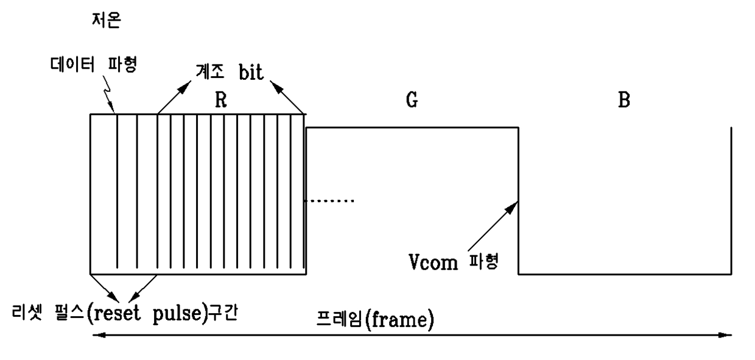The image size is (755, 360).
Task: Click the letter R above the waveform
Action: point(221,100)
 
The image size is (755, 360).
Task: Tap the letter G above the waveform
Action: point(412,100)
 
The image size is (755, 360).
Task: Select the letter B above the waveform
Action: point(624,100)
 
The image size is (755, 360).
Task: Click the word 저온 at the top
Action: point(106,20)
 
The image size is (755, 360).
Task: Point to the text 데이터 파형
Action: point(94,64)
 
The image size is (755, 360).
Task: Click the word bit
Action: point(251,72)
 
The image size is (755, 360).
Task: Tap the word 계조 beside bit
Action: point(209,71)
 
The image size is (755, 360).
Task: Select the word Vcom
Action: point(433,263)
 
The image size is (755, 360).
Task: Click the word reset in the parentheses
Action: point(118,314)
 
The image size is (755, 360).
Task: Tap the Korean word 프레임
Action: point(339,319)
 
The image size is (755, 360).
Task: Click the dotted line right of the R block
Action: point(329,201)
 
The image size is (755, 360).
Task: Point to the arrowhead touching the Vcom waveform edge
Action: point(511,207)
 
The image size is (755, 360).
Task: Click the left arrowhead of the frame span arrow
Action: point(99,335)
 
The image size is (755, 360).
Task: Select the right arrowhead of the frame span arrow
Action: point(725,335)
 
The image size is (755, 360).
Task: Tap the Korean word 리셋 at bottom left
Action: point(27,312)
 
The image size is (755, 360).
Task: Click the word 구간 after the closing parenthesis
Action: point(222,313)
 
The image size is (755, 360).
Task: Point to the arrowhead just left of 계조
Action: point(184,87)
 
